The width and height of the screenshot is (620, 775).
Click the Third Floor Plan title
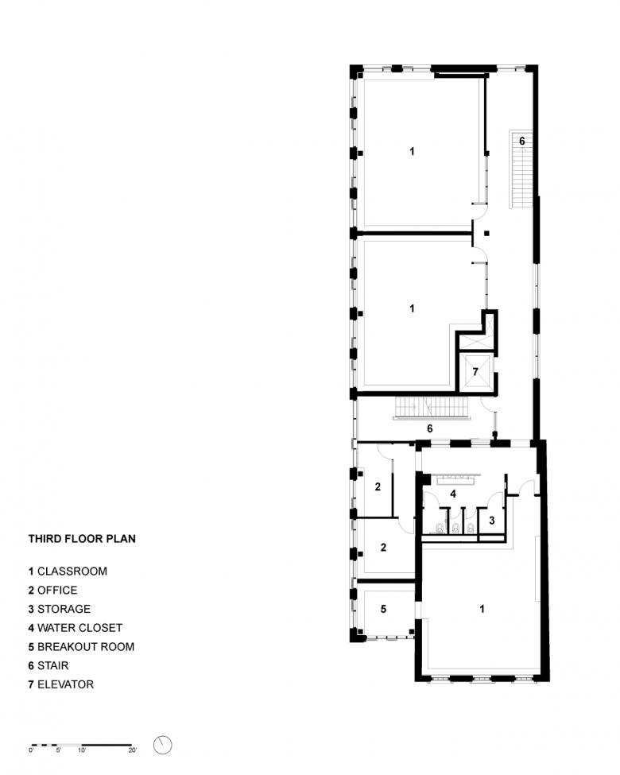(x=82, y=539)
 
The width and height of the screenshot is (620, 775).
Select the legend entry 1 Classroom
(x=68, y=572)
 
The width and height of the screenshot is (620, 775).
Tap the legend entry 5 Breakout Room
(x=81, y=647)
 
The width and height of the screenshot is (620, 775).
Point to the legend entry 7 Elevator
(x=61, y=684)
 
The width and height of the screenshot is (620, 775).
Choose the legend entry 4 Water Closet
(x=76, y=628)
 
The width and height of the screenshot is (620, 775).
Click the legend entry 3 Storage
(x=60, y=609)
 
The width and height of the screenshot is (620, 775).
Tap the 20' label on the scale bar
(x=133, y=750)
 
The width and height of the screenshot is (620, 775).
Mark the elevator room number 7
(x=475, y=372)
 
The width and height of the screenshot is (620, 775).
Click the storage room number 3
(x=492, y=521)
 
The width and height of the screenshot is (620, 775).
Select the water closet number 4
(x=453, y=494)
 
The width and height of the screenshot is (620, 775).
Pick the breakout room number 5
(x=383, y=609)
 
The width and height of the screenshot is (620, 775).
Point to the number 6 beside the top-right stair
(x=522, y=141)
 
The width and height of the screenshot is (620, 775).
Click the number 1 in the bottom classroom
(x=482, y=609)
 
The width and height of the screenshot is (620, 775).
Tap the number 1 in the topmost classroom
(x=413, y=151)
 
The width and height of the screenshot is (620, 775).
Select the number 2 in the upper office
(x=378, y=486)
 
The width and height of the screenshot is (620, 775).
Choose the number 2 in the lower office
(x=383, y=548)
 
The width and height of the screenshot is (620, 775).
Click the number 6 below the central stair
(x=430, y=428)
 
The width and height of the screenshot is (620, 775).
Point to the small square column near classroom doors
(x=487, y=233)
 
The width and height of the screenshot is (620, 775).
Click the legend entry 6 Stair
(x=48, y=666)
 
